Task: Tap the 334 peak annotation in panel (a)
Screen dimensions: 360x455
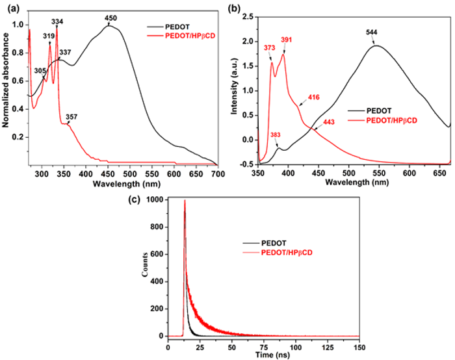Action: [57, 21]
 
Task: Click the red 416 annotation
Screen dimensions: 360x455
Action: [313, 97]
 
